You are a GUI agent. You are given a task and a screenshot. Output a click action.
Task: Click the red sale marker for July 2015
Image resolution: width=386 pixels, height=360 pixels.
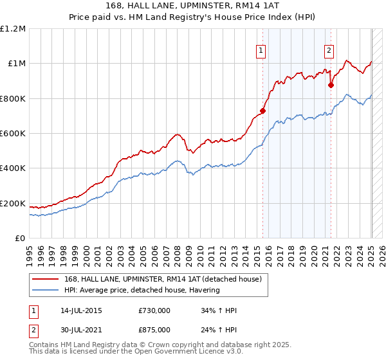click(x=262, y=111)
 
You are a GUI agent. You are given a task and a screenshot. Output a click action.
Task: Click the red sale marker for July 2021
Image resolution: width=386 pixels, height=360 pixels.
click(x=331, y=85)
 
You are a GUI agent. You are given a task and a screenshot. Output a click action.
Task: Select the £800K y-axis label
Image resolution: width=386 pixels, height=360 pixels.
click(x=13, y=99)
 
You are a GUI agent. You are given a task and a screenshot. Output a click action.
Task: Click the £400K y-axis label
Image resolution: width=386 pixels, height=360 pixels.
click(x=13, y=168)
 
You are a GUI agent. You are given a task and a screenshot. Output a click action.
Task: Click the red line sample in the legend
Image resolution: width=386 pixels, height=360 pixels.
click(x=46, y=279)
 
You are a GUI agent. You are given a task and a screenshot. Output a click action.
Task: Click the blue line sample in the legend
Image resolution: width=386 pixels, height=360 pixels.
click(x=46, y=290)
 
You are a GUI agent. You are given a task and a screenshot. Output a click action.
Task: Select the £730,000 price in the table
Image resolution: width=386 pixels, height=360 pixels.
click(x=154, y=310)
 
